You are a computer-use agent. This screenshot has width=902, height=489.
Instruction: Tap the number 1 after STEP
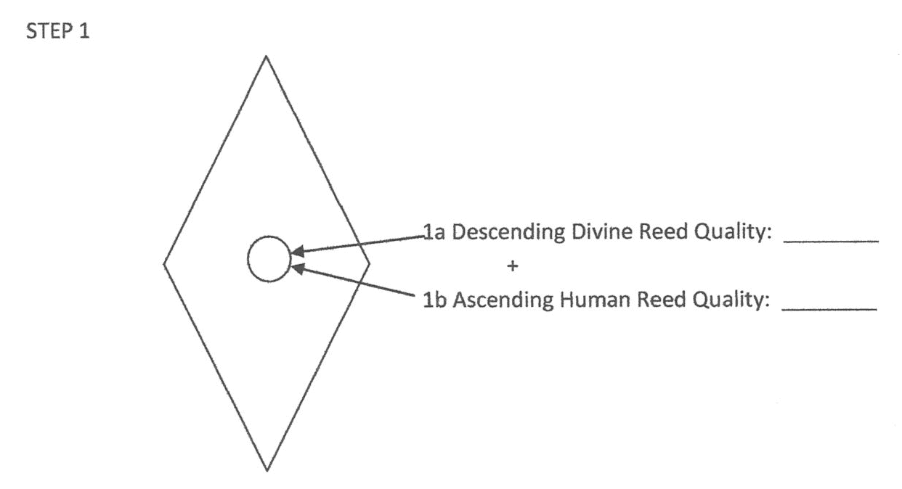coord(86,33)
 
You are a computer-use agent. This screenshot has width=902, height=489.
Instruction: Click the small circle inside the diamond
coord(269,259)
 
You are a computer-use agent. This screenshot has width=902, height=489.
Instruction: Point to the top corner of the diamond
coord(266,56)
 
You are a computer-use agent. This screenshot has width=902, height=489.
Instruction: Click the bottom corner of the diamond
coord(267,470)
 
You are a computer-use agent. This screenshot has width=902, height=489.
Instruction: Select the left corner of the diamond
coord(164,263)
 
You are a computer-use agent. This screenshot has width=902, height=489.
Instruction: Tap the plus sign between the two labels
coord(513,266)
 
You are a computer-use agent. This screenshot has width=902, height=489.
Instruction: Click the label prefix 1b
coord(435,300)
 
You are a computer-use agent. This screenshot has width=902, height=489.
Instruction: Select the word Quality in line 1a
coord(728,233)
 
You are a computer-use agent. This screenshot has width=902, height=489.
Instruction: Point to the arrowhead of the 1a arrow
coord(295,253)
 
